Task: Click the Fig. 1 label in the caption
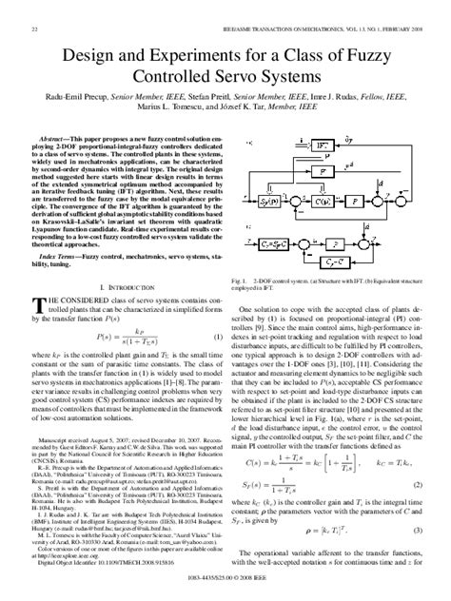(x=240, y=282)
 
